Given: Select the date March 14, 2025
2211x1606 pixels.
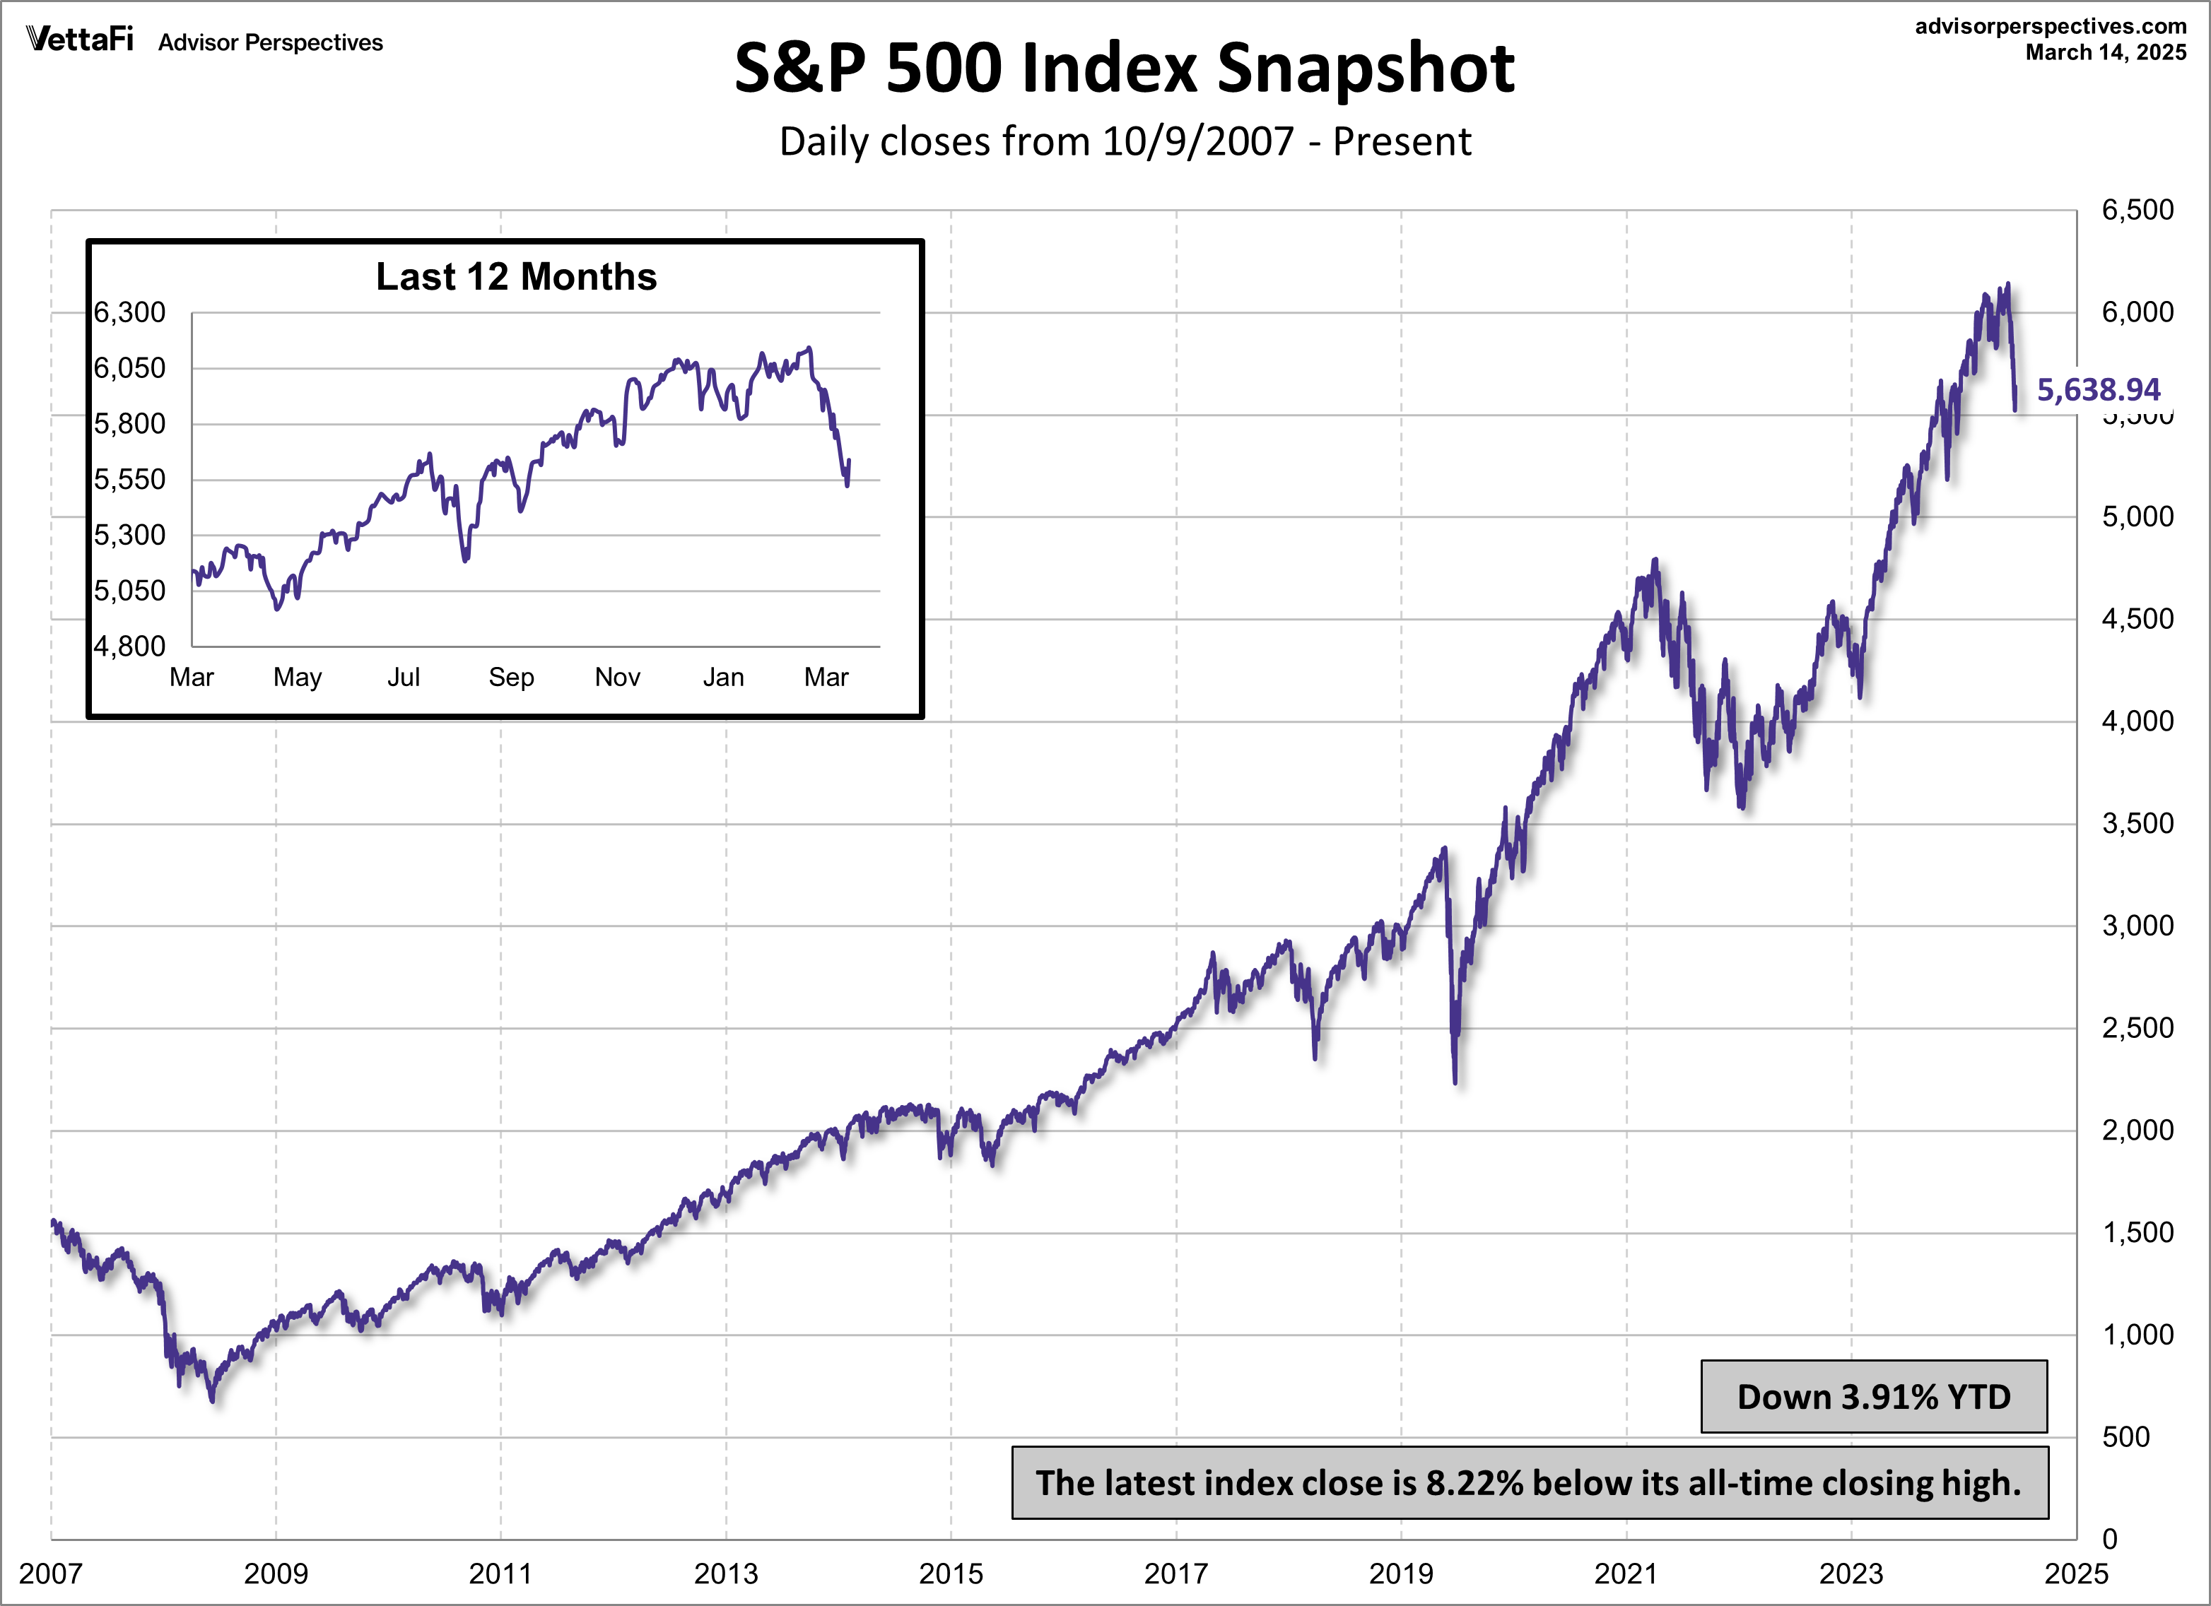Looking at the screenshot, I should point(2106,52).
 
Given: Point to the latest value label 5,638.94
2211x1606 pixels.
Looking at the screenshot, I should point(2098,390).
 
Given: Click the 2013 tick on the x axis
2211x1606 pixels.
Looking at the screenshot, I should point(725,1573).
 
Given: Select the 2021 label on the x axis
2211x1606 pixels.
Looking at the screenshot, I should point(1625,1573).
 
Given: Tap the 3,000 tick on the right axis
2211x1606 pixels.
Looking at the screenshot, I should point(2137,926).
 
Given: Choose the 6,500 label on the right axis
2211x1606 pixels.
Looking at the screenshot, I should point(2137,211).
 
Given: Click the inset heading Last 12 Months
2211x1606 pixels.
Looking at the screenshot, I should point(516,277).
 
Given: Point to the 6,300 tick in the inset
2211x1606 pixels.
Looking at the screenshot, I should point(129,313).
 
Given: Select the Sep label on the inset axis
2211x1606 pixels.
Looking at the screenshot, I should point(511,678).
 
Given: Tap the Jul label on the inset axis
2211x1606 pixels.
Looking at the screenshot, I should point(404,678).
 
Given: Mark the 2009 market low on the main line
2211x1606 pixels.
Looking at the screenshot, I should point(213,1400).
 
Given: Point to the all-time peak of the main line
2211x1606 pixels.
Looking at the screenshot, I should point(2007,285).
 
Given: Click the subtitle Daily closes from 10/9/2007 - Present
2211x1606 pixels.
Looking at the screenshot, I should point(1124,142).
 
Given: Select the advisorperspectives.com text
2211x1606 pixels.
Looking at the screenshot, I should point(2050,26).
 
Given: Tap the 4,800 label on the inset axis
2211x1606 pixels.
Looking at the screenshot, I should point(129,646).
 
